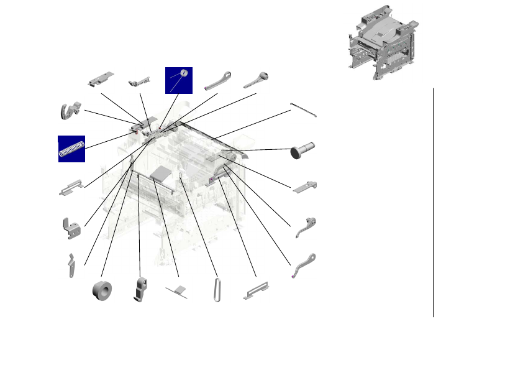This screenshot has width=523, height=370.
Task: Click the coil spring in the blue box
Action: point(71,149)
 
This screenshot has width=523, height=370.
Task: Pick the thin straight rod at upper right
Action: point(304,110)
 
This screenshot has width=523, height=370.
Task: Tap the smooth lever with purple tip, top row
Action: point(217,80)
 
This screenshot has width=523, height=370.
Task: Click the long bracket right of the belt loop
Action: point(255,290)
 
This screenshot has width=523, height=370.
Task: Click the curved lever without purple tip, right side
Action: point(307,226)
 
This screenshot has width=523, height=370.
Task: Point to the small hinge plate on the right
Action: point(305,186)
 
